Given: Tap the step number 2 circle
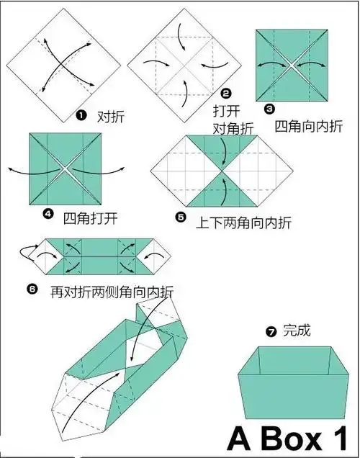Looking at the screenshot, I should point(225,93).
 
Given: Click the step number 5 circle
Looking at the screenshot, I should point(180,215).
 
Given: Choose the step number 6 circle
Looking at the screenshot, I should point(32,289).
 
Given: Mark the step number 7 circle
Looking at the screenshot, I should point(271,332).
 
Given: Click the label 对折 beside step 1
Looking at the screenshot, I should point(106,116).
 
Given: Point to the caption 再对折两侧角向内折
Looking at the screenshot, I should point(111,292).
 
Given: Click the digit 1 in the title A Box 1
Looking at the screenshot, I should point(342,437).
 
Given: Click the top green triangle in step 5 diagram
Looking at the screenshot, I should point(222,148).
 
